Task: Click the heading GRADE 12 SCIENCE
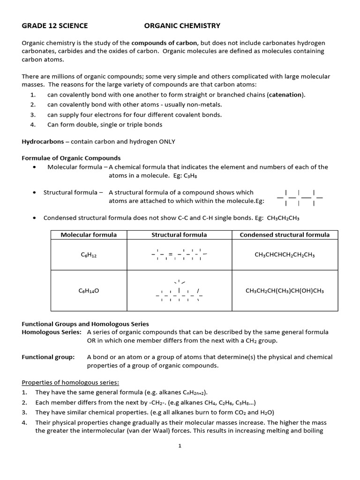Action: pyautogui.click(x=55, y=26)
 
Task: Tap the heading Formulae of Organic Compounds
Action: pyautogui.click(x=71, y=158)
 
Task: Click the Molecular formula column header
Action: pyautogui.click(x=89, y=235)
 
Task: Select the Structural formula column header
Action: pyautogui.click(x=179, y=235)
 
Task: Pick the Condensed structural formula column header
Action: pyautogui.click(x=285, y=235)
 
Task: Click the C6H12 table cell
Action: pyautogui.click(x=89, y=255)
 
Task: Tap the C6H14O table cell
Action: pyautogui.click(x=89, y=291)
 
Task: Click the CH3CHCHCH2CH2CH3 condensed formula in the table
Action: pyautogui.click(x=285, y=255)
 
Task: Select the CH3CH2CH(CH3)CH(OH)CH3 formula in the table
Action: pyautogui.click(x=285, y=291)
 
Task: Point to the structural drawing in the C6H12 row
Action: pyautogui.click(x=179, y=255)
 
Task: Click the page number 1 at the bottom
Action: pyautogui.click(x=180, y=446)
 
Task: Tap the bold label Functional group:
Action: pyautogui.click(x=48, y=357)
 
